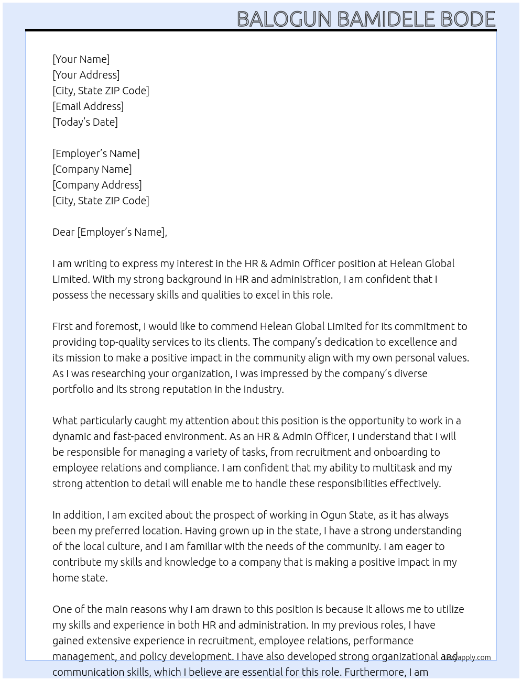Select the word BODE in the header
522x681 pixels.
tap(468, 19)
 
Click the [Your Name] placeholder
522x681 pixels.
tap(81, 59)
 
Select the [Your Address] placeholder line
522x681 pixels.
tap(86, 75)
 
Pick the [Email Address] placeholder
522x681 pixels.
tap(88, 106)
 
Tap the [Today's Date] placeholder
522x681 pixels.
tap(85, 122)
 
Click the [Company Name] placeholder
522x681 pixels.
tap(92, 169)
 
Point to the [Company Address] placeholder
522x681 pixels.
tap(97, 185)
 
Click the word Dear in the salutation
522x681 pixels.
tap(63, 232)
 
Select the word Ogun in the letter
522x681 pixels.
tap(334, 515)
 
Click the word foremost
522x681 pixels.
tap(117, 326)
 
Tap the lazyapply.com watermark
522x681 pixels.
tap(466, 657)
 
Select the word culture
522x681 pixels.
tap(122, 546)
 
